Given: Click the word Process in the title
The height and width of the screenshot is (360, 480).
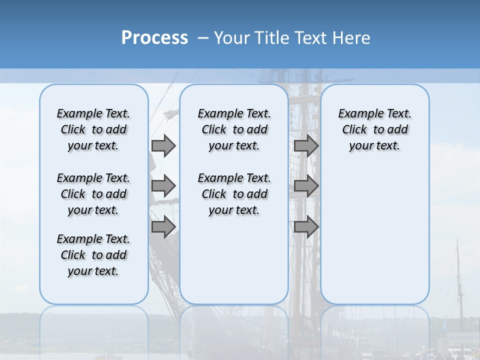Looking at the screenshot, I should pyautogui.click(x=154, y=38).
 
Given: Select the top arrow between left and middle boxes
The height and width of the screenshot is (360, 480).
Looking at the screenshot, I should pyautogui.click(x=163, y=145).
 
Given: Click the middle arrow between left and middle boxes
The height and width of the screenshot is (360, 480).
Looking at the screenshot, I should pyautogui.click(x=163, y=186).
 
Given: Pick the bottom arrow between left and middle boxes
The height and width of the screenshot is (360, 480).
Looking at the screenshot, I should pyautogui.click(x=163, y=226).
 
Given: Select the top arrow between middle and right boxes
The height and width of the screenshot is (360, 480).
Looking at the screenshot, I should pyautogui.click(x=306, y=145).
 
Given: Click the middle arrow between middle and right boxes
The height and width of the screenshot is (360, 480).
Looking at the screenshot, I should pyautogui.click(x=306, y=186).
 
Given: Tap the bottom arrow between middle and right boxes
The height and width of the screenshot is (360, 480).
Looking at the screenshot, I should pyautogui.click(x=306, y=226).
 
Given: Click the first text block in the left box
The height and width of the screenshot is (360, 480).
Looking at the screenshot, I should pyautogui.click(x=93, y=129).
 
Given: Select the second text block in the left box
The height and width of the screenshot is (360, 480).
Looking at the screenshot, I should pyautogui.click(x=93, y=194).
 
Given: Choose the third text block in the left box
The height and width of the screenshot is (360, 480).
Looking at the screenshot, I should pyautogui.click(x=93, y=255).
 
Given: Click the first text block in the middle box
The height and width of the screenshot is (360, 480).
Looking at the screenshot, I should pyautogui.click(x=234, y=129).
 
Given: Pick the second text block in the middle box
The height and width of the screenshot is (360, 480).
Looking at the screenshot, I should pyautogui.click(x=234, y=194).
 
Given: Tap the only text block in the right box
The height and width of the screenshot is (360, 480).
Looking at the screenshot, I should pyautogui.click(x=374, y=129).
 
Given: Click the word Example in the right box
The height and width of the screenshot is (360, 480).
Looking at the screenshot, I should pyautogui.click(x=356, y=114).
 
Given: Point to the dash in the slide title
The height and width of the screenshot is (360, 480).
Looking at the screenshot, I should pyautogui.click(x=202, y=38).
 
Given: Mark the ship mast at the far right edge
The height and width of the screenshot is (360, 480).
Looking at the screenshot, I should pyautogui.click(x=458, y=290).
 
